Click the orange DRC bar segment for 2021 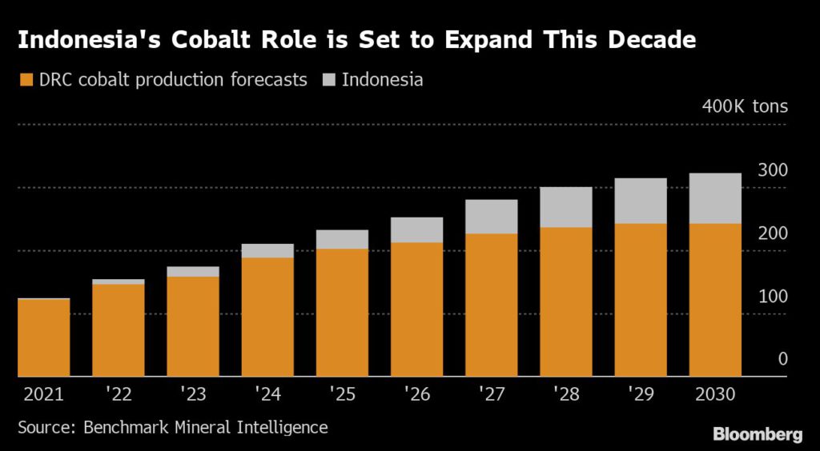(43, 337)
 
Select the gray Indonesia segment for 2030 (715, 198)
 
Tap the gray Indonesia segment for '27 (491, 217)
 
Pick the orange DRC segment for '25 (342, 313)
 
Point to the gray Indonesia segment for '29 (641, 201)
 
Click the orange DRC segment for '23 (193, 326)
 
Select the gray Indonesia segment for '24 (267, 251)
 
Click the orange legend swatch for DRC (26, 80)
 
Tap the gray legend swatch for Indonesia (328, 80)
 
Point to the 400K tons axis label (745, 106)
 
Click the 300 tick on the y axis (773, 170)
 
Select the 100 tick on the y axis (773, 297)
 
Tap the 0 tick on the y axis (782, 360)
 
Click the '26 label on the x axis (416, 394)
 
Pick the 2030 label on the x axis (715, 394)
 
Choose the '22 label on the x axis (119, 394)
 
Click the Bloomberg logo (758, 434)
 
